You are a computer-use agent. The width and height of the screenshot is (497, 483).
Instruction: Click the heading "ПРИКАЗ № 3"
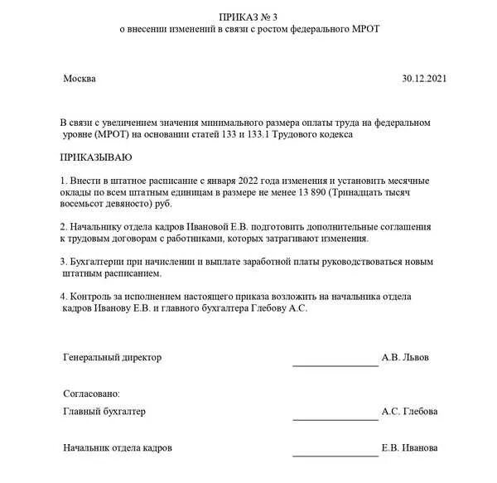pos(248,16)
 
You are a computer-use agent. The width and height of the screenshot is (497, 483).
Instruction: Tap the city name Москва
pos(80,79)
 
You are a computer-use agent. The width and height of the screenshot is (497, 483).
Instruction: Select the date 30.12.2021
pos(424,79)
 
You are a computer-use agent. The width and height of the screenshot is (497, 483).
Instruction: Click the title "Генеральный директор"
pos(113,357)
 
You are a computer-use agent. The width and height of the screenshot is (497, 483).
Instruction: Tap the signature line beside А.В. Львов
pos(335,365)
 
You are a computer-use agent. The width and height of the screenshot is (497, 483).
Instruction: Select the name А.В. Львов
pos(406,358)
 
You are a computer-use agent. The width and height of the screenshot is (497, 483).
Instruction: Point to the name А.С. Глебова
pos(410,412)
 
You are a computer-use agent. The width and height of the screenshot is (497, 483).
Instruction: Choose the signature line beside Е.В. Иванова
pos(335,455)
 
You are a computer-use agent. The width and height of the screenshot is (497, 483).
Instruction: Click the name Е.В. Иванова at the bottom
pos(410,448)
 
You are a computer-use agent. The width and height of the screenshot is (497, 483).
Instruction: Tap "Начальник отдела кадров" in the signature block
pos(118,447)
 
